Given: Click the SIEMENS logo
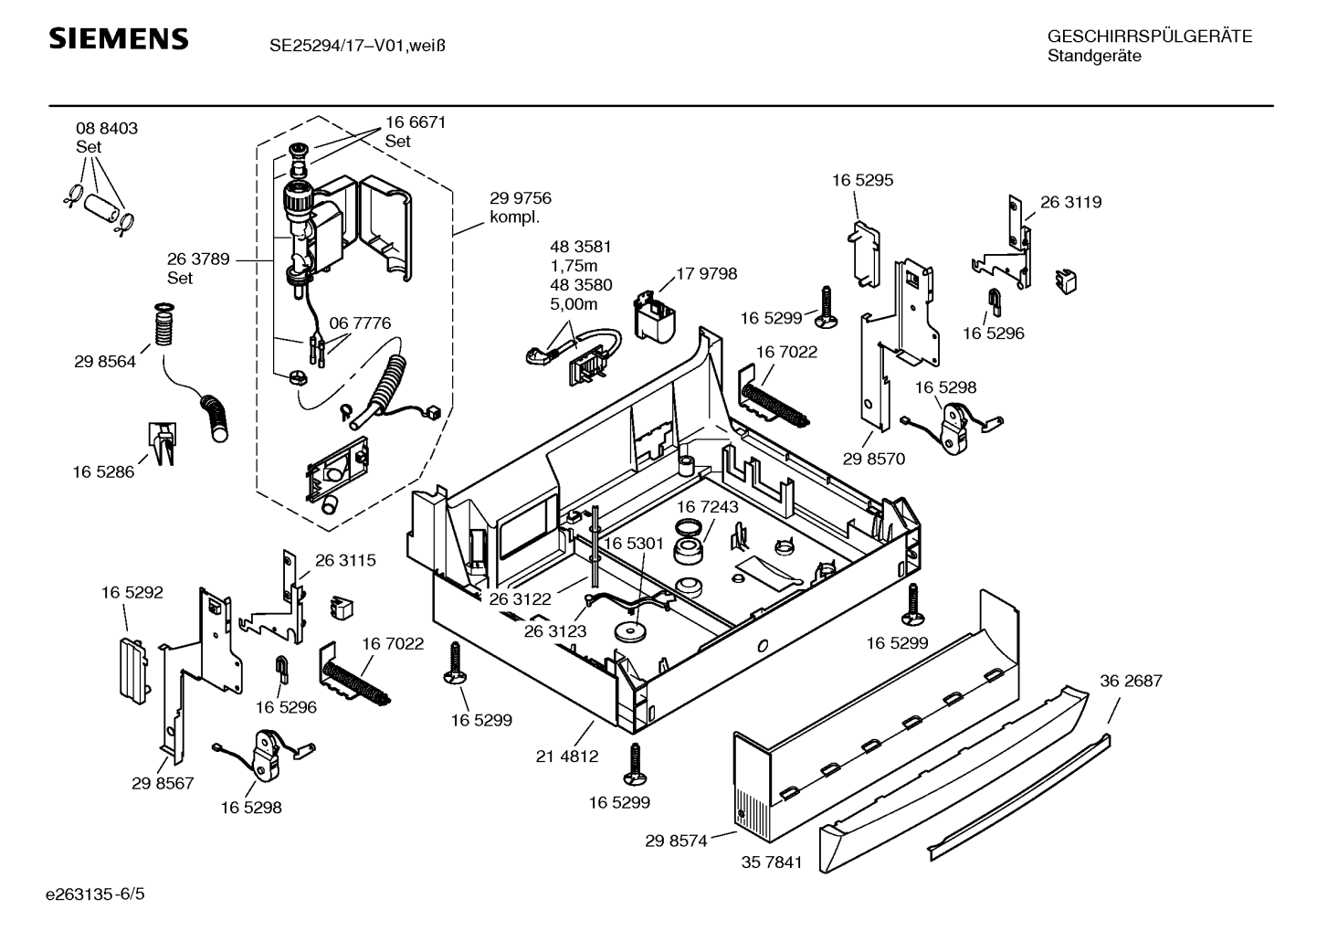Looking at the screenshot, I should [118, 39].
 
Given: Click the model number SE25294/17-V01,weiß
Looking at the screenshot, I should [357, 43].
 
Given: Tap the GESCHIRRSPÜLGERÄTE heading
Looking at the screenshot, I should [1149, 37].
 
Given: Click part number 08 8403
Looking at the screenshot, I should [107, 129].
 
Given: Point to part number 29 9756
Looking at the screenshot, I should [520, 198].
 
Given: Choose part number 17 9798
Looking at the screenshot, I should [706, 274].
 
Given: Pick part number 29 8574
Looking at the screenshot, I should [676, 841].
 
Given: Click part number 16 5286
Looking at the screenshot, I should [103, 472].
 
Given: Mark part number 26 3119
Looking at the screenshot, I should [1070, 202].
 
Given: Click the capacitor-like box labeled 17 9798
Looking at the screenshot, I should [656, 316].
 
